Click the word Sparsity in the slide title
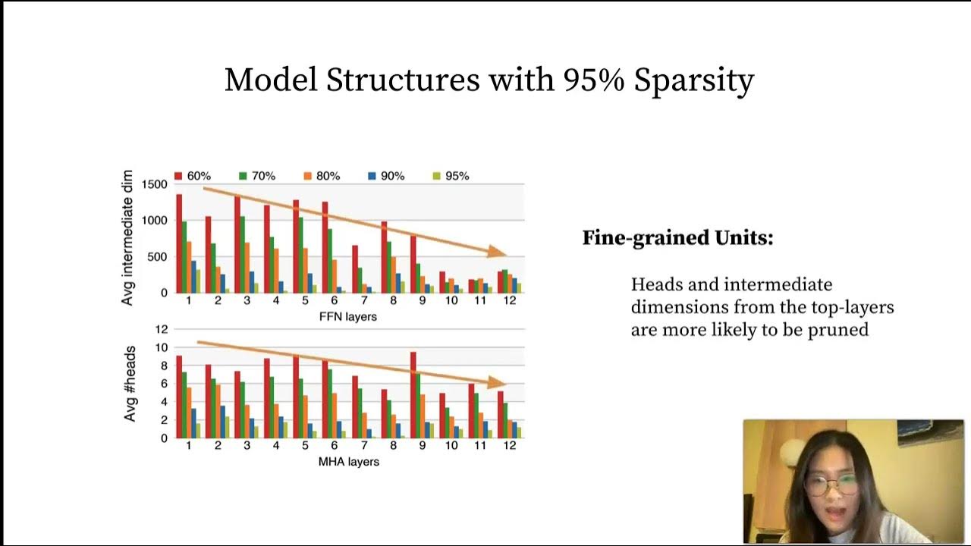click(693, 80)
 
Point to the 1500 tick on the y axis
click(154, 184)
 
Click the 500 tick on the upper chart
click(158, 256)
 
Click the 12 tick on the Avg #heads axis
click(160, 329)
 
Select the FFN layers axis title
click(348, 316)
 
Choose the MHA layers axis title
click(348, 461)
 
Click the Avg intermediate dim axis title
click(127, 237)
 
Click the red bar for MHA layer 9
click(413, 394)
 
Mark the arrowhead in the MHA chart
click(497, 383)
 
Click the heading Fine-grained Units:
click(677, 238)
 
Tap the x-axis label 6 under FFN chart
click(334, 300)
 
